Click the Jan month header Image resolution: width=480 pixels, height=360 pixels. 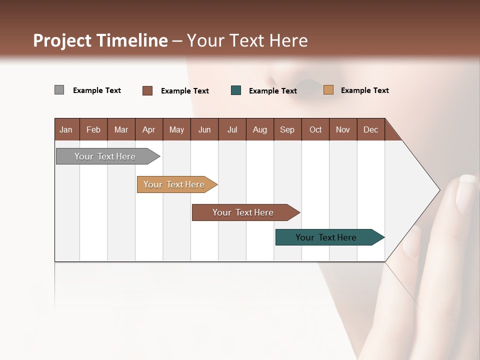pyautogui.click(x=66, y=129)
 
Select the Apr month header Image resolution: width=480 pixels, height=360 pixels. pyautogui.click(x=148, y=129)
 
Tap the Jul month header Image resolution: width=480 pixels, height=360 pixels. pyautogui.click(x=232, y=129)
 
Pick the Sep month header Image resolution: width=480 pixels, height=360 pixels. pyautogui.click(x=287, y=129)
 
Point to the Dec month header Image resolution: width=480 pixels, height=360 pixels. pyautogui.click(x=370, y=129)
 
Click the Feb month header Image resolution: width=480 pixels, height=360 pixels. pyautogui.click(x=93, y=129)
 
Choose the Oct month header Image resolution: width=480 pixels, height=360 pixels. pyautogui.click(x=315, y=129)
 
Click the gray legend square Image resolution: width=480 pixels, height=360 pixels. pyautogui.click(x=59, y=90)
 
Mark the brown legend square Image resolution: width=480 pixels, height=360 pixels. pyautogui.click(x=147, y=90)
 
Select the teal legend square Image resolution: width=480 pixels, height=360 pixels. pyautogui.click(x=236, y=90)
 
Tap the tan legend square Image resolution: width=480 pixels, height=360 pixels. pyautogui.click(x=328, y=90)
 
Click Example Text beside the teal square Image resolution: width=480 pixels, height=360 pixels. pyautogui.click(x=272, y=91)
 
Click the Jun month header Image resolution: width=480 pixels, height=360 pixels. pyautogui.click(x=204, y=129)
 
